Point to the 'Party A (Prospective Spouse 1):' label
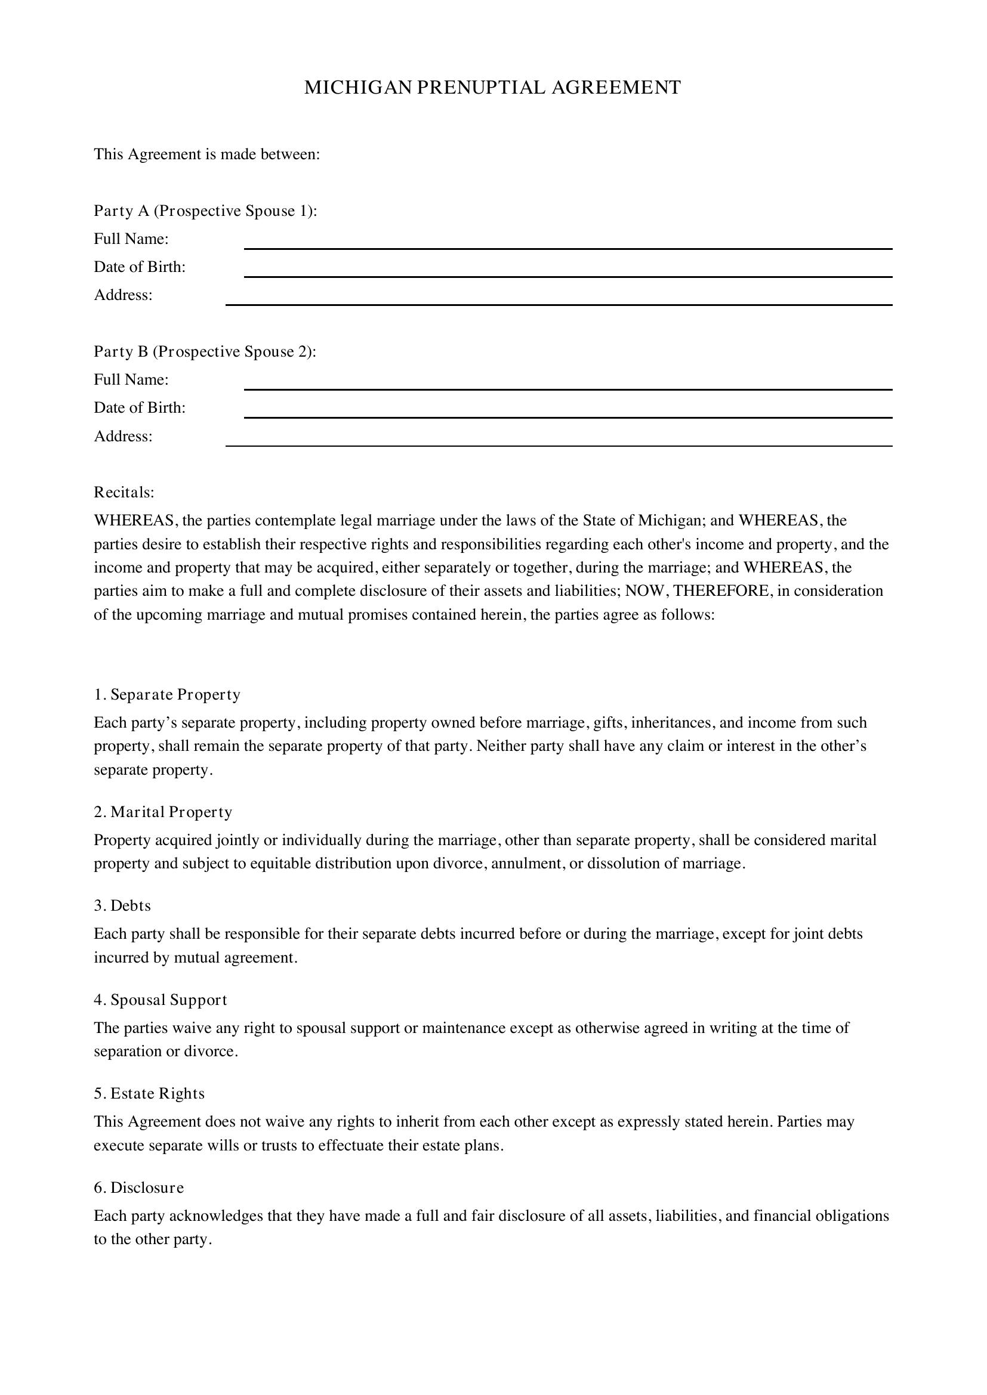(x=205, y=211)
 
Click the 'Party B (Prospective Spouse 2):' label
(x=205, y=352)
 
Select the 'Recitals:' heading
(x=124, y=492)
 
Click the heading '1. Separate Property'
(x=167, y=694)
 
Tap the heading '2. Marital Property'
(x=163, y=812)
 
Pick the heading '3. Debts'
(x=122, y=906)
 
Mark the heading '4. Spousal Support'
(x=161, y=1000)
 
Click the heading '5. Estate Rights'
(x=149, y=1094)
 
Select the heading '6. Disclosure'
(x=138, y=1188)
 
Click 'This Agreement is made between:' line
(x=206, y=154)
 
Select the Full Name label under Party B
(x=131, y=380)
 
